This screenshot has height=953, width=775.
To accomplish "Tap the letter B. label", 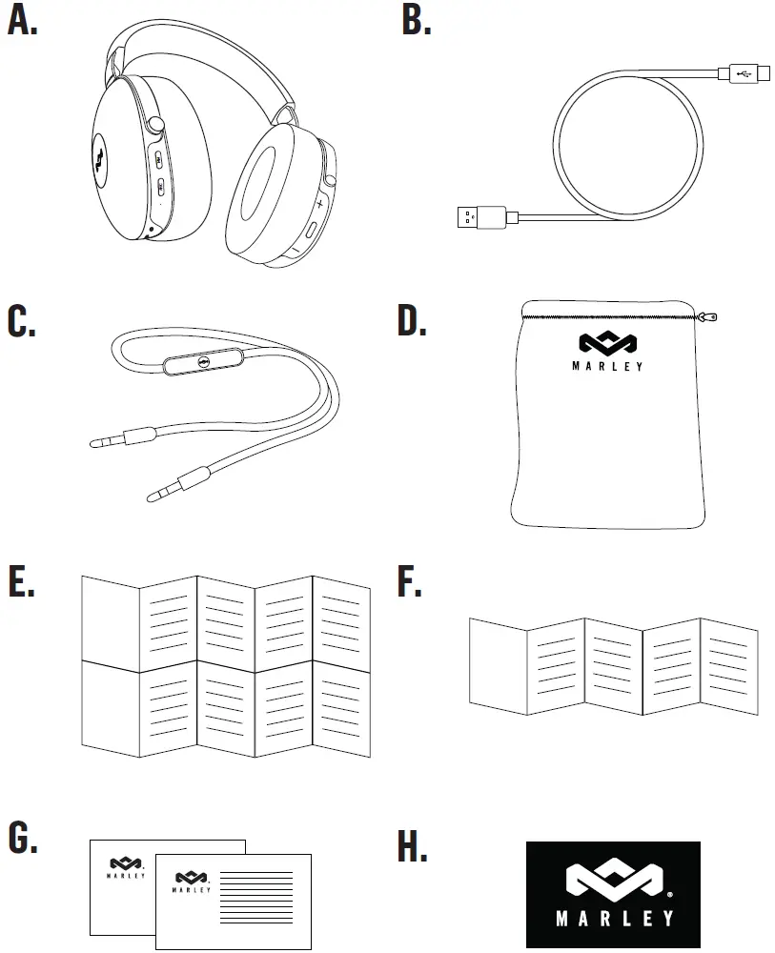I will [416, 21].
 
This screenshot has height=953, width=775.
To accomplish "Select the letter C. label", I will [23, 322].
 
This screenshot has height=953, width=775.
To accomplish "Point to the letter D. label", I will [413, 322].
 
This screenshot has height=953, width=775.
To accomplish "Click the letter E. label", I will [21, 582].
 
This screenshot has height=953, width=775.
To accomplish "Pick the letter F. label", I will [410, 582].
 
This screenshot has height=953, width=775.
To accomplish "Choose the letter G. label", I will [23, 839].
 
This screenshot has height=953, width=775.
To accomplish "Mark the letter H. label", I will [413, 846].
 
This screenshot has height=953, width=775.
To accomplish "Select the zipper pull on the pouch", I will [707, 316].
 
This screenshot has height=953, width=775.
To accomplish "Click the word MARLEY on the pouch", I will [607, 367].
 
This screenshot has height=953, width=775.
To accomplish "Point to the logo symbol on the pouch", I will [607, 343].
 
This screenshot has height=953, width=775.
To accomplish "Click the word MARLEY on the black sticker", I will [614, 920].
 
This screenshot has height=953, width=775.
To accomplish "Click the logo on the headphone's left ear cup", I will [102, 151].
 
